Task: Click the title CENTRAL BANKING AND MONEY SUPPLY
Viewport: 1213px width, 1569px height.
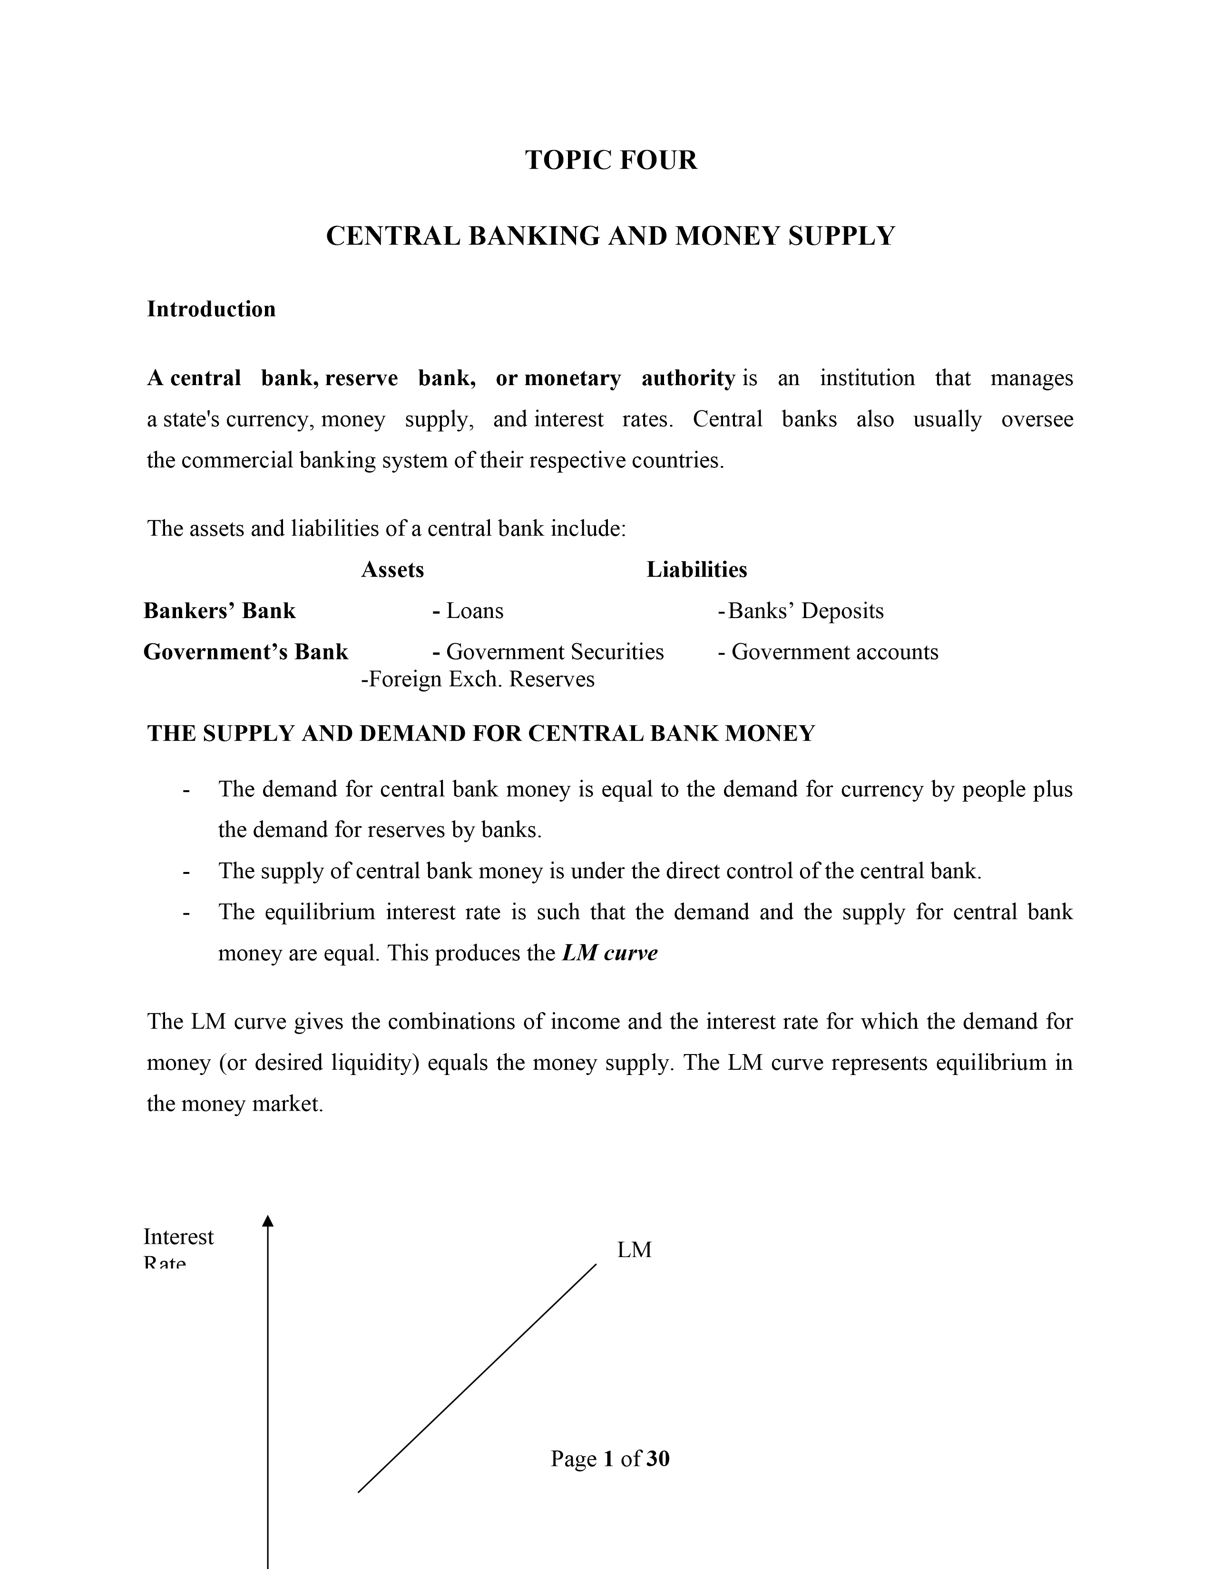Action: click(x=610, y=236)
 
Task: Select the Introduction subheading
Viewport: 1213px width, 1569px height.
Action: click(x=211, y=309)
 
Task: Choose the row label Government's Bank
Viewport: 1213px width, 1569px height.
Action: click(x=246, y=651)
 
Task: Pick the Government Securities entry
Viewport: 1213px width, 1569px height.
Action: click(x=554, y=651)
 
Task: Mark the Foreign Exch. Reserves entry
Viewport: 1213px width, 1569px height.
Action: click(x=478, y=679)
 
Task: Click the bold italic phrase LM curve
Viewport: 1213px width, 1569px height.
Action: click(x=609, y=953)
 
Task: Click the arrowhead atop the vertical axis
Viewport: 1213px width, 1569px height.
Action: click(x=268, y=1220)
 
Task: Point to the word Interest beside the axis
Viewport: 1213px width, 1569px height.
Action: click(x=178, y=1236)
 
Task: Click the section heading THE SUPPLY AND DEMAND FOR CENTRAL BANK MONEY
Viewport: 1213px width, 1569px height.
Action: click(x=481, y=734)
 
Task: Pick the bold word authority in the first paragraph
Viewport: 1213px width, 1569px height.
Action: click(x=688, y=378)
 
